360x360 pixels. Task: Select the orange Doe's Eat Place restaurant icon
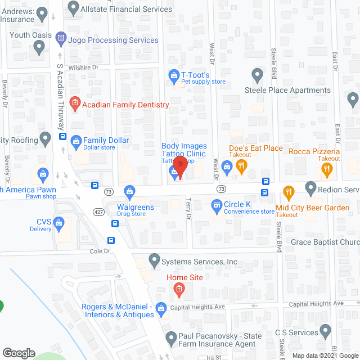[242, 165]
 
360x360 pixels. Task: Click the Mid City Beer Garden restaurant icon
[289, 193]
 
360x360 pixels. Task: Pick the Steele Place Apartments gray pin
[258, 75]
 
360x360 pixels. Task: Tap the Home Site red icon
[179, 290]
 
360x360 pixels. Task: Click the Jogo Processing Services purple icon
[61, 36]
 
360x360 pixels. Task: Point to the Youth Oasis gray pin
[39, 48]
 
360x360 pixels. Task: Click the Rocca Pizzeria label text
[314, 151]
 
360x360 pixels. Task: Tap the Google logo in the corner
[19, 353]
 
